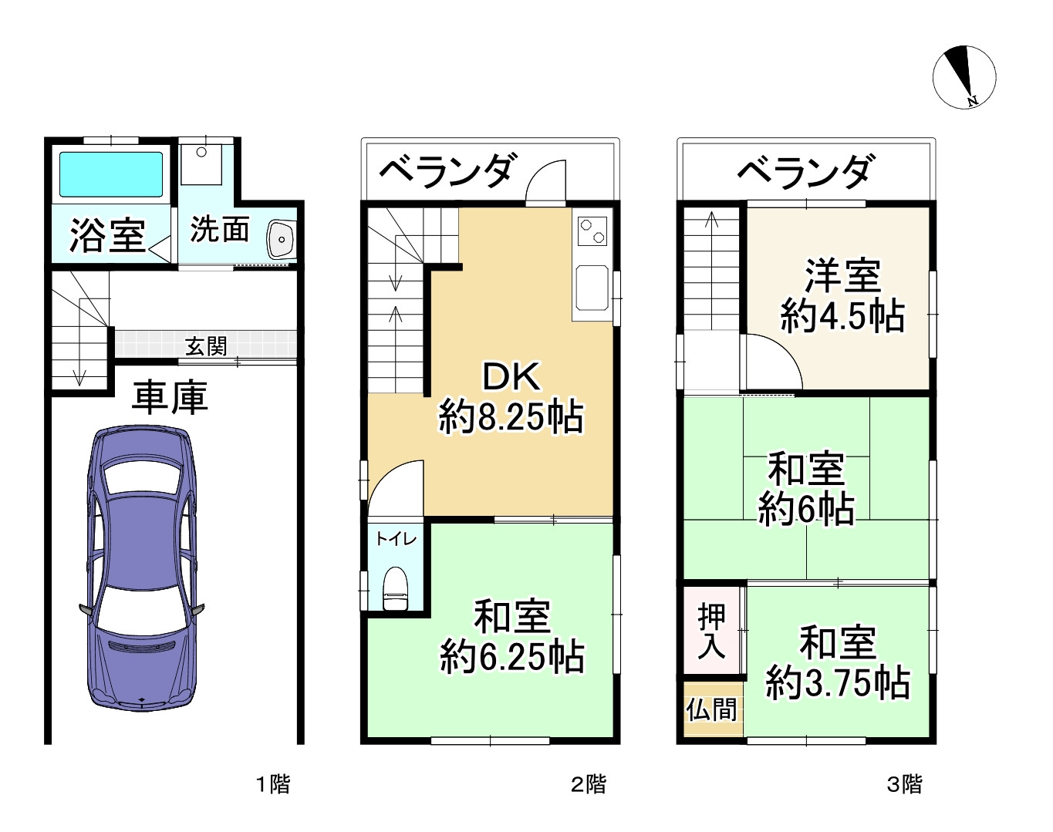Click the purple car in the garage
142,568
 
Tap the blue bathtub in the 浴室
111,174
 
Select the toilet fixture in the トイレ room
395,589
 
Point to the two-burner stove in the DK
592,231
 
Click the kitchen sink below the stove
592,288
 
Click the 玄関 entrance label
206,347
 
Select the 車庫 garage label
170,398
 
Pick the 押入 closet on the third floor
711,631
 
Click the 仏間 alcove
712,709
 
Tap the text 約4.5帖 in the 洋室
842,316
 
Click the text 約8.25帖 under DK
511,416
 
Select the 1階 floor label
273,784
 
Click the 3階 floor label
904,784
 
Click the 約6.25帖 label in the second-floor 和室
511,657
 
